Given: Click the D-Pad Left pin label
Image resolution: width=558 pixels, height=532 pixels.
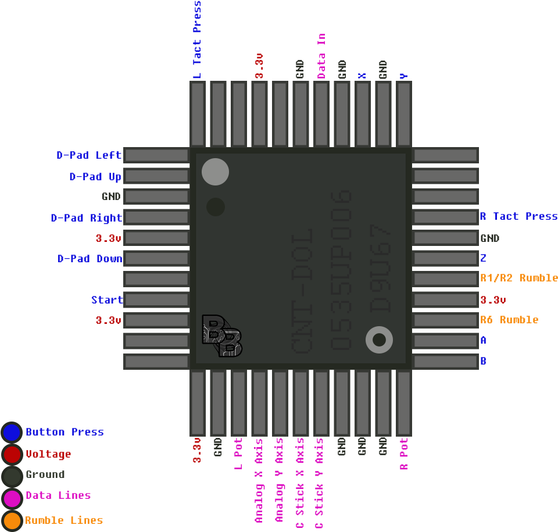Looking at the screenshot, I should pos(89,155).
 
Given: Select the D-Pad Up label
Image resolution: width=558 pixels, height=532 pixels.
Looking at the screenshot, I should pos(95,176).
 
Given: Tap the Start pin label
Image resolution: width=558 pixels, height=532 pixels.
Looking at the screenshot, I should pos(107,300).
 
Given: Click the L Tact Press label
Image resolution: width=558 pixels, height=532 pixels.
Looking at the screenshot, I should pos(197,40).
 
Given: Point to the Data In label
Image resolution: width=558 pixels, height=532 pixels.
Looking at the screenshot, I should pos(321,56).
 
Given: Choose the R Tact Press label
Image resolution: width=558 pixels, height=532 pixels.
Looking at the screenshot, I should pos(518,216).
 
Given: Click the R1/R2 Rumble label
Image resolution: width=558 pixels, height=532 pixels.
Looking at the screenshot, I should pos(518,278).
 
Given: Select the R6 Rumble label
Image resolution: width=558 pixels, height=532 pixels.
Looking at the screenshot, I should pos(509,320).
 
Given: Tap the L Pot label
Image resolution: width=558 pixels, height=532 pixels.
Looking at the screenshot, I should pos(238,454).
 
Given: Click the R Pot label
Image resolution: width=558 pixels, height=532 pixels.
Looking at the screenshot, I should pos(404,454).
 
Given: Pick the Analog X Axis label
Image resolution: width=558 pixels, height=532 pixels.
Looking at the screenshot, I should pos(259,481).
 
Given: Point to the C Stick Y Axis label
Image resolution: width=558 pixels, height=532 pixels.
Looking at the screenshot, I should pos(319,483).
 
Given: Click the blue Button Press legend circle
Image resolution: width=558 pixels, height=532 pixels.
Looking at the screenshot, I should pos(12,432).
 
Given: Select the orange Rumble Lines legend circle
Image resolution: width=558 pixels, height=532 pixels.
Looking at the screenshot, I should pos(12,520).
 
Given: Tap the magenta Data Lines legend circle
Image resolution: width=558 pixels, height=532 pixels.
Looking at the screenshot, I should pos(12,498).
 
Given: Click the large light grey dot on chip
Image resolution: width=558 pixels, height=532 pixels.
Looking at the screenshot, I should pos(215,172).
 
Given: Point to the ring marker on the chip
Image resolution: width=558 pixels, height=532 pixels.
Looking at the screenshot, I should pos(379,340).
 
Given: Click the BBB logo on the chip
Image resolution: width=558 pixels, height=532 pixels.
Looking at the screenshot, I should pos(221,336).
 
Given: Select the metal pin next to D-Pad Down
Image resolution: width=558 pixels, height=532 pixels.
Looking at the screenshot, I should pos(156,258).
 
